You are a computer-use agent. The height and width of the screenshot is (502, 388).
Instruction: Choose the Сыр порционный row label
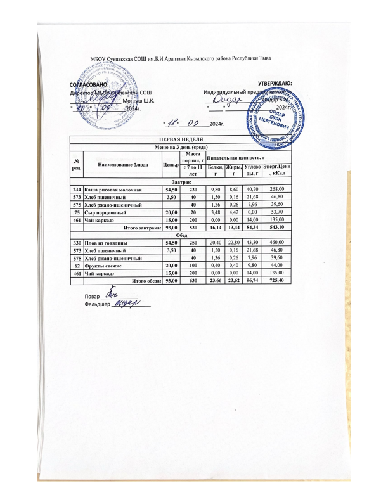pos(105,212)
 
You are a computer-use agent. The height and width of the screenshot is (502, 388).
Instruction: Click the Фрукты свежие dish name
pos(103,266)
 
